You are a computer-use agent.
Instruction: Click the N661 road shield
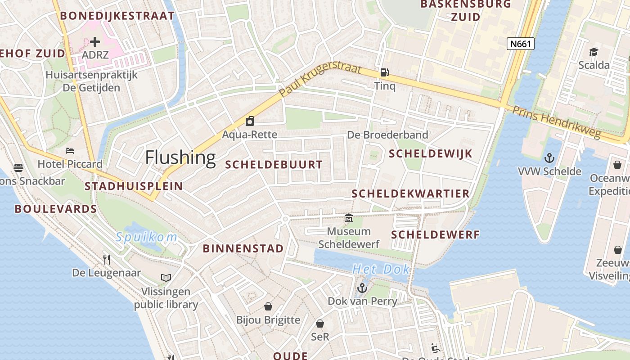point(521,44)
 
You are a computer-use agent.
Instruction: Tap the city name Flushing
point(180,157)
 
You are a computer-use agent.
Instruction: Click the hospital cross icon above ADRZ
point(95,42)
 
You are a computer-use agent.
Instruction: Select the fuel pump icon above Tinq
point(384,72)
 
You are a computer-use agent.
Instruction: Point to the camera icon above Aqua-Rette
point(249,121)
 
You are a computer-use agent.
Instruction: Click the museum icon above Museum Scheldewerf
point(349,218)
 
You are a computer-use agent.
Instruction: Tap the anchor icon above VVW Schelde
point(549,157)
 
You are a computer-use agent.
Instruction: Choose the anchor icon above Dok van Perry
point(362,287)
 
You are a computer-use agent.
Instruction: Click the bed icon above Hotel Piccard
point(70,150)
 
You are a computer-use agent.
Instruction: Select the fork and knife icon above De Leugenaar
point(107,259)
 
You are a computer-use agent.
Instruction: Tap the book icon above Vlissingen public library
point(166,278)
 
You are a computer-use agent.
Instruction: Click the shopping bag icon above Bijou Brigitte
point(268,306)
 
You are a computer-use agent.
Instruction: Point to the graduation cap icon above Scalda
point(594,52)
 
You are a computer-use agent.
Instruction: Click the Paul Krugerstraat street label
point(320,80)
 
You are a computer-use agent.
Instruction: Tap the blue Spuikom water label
point(146,237)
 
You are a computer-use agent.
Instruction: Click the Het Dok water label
point(381,269)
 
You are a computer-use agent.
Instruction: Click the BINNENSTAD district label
point(243,248)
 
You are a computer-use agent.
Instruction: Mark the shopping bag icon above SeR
point(320,323)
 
